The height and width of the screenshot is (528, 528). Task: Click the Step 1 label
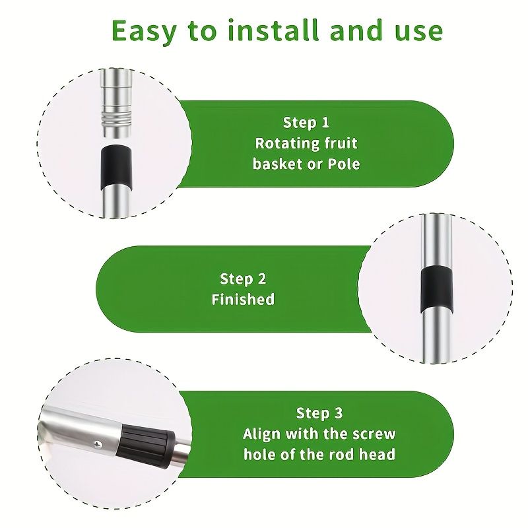306,122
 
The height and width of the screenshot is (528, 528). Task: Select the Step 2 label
243,279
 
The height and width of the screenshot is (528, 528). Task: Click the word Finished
243,300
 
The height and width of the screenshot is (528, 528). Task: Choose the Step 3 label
319,413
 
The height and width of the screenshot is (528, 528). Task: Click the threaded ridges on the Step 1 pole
116,119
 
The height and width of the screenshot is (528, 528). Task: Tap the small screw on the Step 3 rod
98,444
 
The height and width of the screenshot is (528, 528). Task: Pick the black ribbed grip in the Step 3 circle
147,446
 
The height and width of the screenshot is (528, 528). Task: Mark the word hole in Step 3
257,455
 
